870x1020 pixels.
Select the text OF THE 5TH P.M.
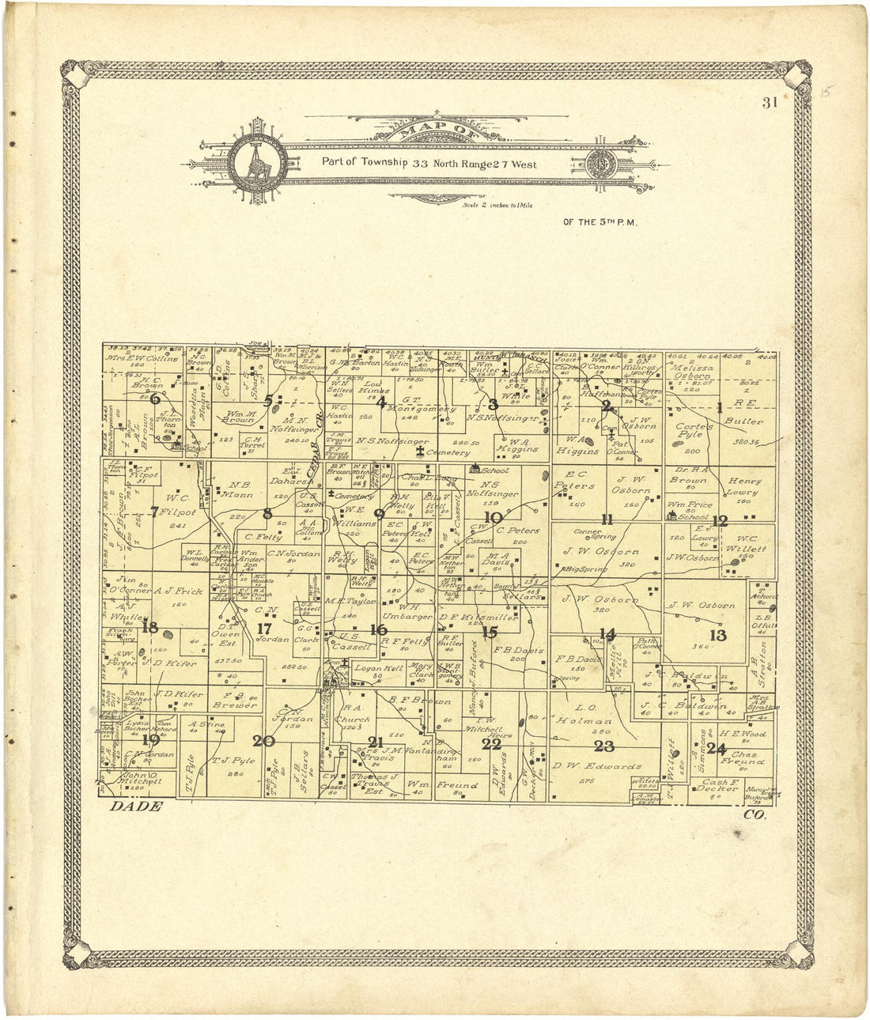pos(600,222)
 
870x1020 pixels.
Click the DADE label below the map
pos(136,807)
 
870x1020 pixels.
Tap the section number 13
pos(717,635)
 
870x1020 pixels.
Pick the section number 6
pos(155,400)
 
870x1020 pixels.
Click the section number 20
pos(263,741)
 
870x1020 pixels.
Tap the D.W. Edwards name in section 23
pos(607,766)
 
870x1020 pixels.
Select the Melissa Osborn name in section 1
pos(690,372)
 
